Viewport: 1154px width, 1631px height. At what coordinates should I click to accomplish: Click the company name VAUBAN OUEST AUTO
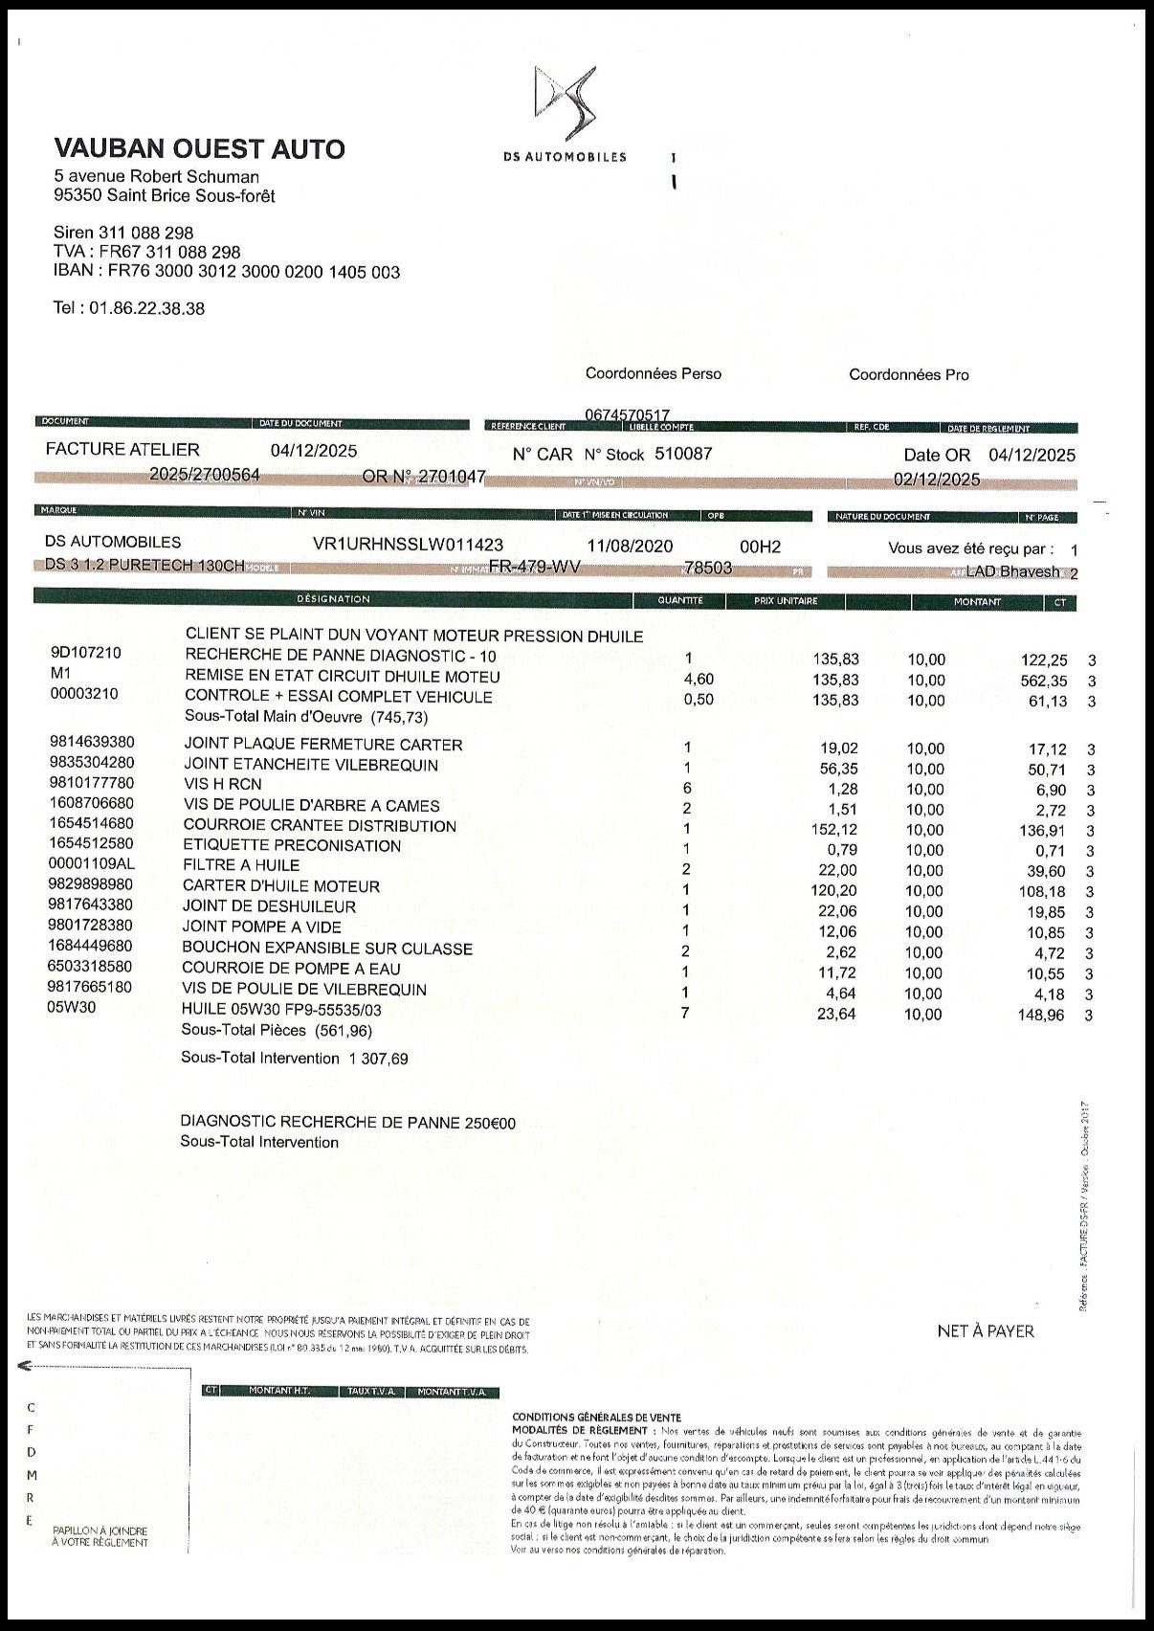coord(200,149)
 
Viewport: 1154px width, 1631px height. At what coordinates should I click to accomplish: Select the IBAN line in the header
coord(227,272)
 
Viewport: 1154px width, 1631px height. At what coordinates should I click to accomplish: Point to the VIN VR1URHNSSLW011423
coord(408,545)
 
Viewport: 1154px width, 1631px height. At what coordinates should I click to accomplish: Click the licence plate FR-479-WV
coord(535,567)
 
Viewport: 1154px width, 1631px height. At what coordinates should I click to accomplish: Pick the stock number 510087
coord(683,454)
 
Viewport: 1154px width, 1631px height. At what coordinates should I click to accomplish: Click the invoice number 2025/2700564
coord(205,476)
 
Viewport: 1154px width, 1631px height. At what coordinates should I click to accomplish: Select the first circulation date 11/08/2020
coord(630,546)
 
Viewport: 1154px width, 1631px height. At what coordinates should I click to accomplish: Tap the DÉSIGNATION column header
coord(333,599)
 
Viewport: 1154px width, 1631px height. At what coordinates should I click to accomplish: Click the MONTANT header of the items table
coord(977,602)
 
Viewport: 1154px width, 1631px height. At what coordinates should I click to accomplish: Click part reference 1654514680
coord(92,823)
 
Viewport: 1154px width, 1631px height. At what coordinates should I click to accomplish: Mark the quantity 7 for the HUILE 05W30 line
coord(685,1013)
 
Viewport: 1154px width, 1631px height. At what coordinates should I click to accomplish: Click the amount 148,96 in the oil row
coord(1041,1015)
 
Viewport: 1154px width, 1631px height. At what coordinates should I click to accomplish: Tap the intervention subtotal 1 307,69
coord(379,1059)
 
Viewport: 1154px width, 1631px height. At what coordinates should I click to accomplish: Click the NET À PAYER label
coord(986,1331)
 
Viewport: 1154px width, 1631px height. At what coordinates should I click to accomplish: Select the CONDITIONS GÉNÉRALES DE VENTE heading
coord(596,1417)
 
